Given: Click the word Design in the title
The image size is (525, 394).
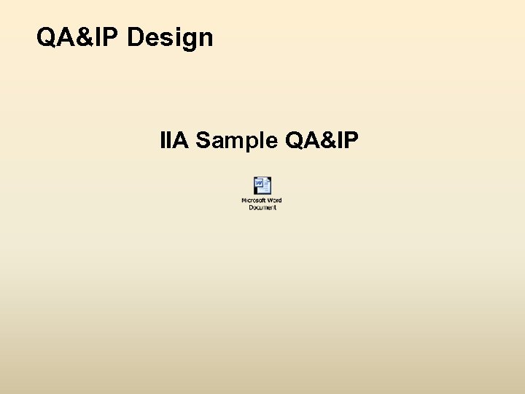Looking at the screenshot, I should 170,36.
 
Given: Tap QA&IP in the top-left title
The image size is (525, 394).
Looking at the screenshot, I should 79,36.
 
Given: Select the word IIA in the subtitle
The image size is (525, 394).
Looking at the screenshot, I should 175,139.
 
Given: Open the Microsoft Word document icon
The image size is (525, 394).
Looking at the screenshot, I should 262,186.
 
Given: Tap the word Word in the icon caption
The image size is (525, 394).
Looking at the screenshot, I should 274,201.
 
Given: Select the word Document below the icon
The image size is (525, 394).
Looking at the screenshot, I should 262,207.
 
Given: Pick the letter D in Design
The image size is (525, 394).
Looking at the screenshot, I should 136,36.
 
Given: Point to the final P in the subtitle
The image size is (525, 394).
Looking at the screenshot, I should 351,139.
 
